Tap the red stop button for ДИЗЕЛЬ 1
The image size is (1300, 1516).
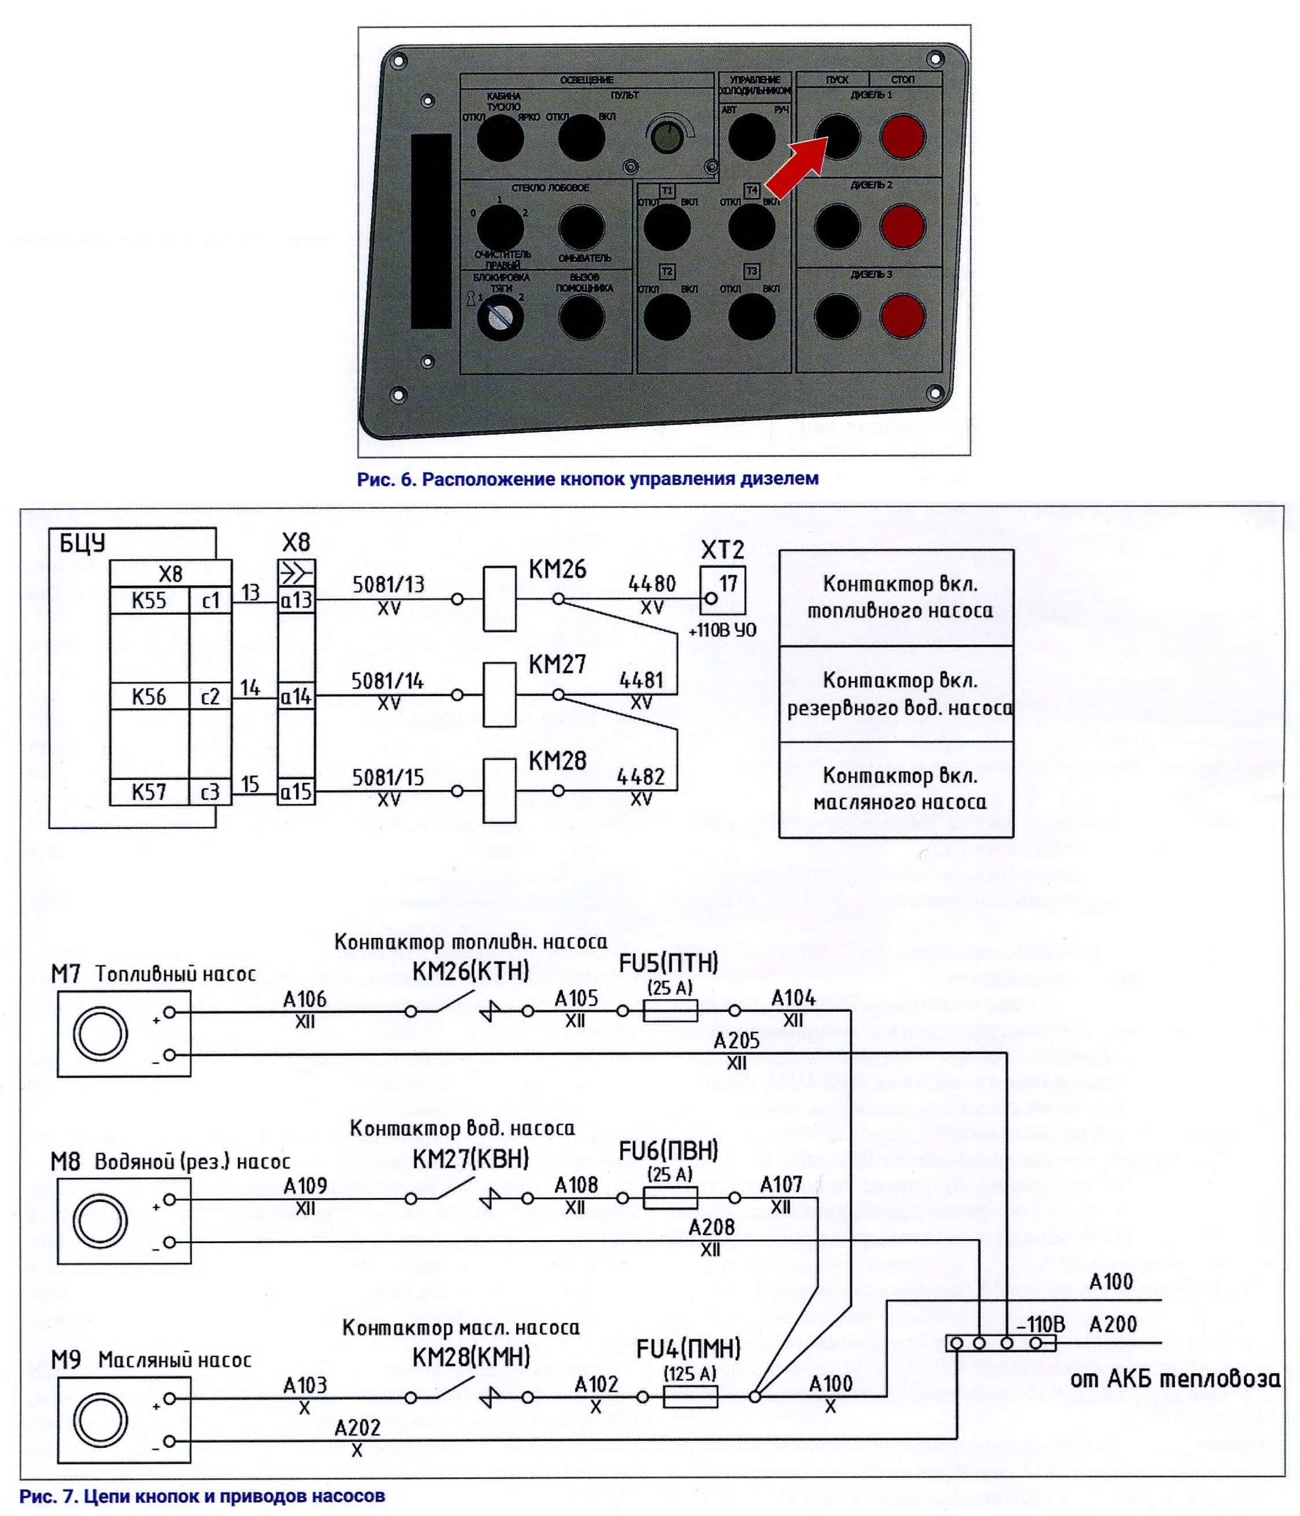click(902, 137)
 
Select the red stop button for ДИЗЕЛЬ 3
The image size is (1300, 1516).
click(902, 316)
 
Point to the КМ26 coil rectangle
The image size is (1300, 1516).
click(499, 598)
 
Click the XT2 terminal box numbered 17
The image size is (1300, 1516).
click(722, 589)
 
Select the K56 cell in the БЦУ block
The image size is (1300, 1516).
click(149, 696)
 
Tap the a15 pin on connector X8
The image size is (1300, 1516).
click(297, 792)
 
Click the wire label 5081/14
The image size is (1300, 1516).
click(387, 681)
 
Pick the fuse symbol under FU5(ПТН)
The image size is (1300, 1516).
click(670, 1011)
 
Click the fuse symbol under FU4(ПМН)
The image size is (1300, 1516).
click(690, 1397)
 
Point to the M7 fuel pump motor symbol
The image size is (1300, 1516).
click(100, 1033)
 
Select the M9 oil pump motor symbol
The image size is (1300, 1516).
click(100, 1419)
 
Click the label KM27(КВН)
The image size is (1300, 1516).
click(471, 1159)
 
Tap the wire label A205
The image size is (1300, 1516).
click(736, 1040)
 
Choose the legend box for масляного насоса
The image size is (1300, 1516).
click(895, 789)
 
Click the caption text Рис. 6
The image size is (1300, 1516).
click(386, 479)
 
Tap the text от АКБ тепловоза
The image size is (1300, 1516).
click(1174, 1379)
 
